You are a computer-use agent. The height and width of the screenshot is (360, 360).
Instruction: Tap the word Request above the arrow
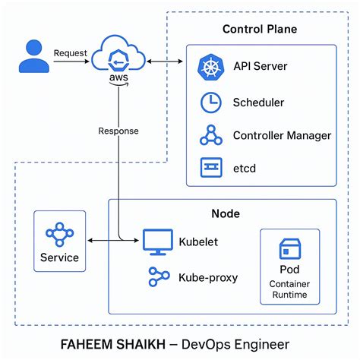71,53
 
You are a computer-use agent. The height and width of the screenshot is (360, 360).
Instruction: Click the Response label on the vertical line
118,131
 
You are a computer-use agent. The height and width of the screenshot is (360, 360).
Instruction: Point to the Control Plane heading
259,30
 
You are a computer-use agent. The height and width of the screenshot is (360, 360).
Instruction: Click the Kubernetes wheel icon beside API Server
209,67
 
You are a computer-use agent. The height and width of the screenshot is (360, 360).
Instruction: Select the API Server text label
261,67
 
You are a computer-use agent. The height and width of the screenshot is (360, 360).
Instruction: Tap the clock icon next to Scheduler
210,102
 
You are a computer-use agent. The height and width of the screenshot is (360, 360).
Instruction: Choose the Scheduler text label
258,102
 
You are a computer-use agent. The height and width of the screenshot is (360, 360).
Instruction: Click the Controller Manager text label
282,135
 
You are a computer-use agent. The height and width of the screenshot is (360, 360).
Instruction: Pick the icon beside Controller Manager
210,135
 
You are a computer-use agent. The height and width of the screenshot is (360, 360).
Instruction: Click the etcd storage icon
210,168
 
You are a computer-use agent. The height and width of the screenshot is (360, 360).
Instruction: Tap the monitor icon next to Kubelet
154,242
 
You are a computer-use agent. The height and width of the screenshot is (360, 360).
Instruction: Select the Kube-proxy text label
207,277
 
